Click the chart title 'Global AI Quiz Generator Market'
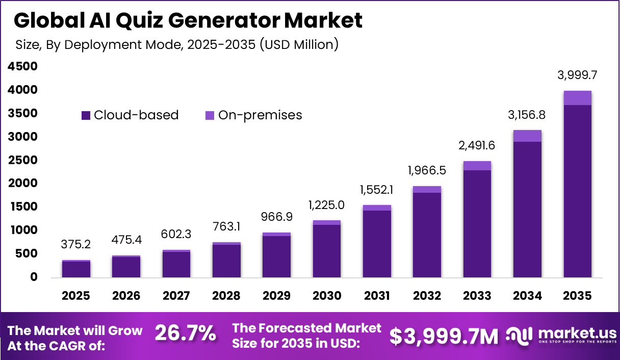pos(188,20)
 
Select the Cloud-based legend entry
pos(130,115)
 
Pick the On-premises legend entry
pos(253,115)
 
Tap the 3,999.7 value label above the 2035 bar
pos(577,75)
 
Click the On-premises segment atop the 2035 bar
pos(577,98)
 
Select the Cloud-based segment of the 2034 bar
pos(527,209)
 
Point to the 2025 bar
pos(76,269)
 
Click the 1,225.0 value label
pos(326,205)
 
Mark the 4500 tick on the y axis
pos(22,66)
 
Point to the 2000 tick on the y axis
pos(22,183)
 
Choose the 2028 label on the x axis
pos(226,296)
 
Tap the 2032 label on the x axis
pos(427,296)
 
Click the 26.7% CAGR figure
pos(185,334)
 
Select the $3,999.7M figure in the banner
pos(444,336)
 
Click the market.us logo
pos(561,336)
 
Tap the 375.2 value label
pos(76,245)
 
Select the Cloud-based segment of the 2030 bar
pos(326,251)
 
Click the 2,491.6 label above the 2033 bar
pos(477,145)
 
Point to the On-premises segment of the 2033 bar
pos(477,166)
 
